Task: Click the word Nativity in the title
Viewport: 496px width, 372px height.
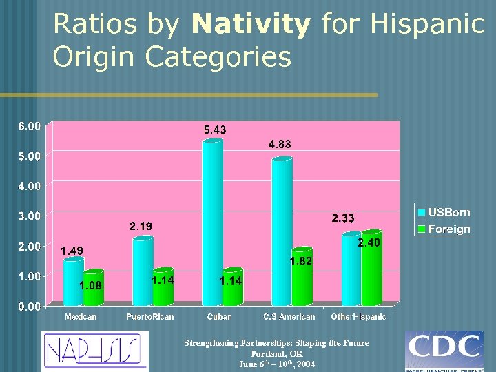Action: click(x=251, y=25)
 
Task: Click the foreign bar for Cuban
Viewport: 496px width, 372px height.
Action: click(x=232, y=287)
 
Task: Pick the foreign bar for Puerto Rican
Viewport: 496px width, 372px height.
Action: click(x=163, y=287)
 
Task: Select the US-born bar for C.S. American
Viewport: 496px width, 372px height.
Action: click(x=282, y=231)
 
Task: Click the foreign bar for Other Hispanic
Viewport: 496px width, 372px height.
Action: click(x=371, y=269)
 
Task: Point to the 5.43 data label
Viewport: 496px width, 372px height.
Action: click(x=214, y=130)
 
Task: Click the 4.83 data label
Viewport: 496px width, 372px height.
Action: click(x=279, y=145)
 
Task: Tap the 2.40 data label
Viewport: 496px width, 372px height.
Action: click(x=369, y=243)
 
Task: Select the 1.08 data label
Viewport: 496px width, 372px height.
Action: click(x=91, y=285)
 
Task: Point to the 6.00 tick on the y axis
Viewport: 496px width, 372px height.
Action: click(x=29, y=125)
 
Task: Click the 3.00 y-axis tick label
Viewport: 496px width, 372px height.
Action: click(x=29, y=216)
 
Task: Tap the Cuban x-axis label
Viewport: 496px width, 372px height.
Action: click(x=219, y=317)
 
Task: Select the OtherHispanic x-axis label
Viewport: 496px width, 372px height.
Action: click(x=358, y=317)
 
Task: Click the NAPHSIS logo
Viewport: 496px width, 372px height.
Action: click(x=94, y=351)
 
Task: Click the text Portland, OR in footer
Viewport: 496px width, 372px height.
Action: click(x=276, y=353)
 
